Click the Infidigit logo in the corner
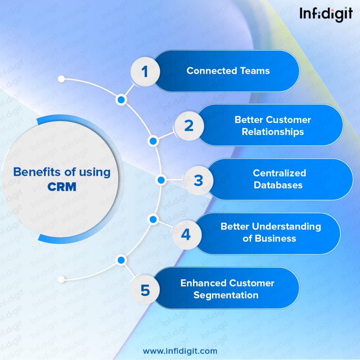point(326,14)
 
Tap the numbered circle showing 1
point(145,72)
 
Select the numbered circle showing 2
point(189,126)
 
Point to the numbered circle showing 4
point(187,234)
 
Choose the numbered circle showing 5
point(145,290)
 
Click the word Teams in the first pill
point(255,71)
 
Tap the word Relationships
point(273,132)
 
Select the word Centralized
point(279,173)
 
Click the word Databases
point(278,185)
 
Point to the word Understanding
point(287,227)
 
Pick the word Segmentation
point(226,295)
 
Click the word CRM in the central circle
point(62,187)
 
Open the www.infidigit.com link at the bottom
point(180,351)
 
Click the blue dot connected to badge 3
point(161,180)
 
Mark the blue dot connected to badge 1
point(121,100)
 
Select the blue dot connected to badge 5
point(121,260)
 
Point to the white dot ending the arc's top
point(61,79)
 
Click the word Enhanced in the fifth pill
point(202,283)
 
